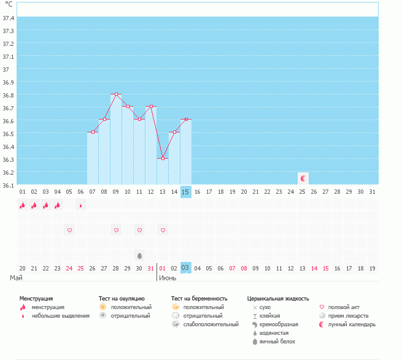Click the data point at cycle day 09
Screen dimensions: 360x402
pyautogui.click(x=116, y=94)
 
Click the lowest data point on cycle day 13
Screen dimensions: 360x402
pyautogui.click(x=163, y=158)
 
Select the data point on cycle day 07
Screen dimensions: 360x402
pyautogui.click(x=93, y=132)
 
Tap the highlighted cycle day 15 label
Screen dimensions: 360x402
pyautogui.click(x=186, y=192)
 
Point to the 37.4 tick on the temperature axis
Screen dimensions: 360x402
pyautogui.click(x=9, y=18)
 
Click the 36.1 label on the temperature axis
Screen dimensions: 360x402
pyautogui.click(x=9, y=185)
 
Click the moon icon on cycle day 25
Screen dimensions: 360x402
pyautogui.click(x=303, y=178)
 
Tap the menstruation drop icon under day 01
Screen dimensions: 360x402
pyautogui.click(x=22, y=205)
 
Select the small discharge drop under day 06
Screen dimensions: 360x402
pyautogui.click(x=81, y=206)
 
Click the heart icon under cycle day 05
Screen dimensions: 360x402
pyautogui.click(x=69, y=230)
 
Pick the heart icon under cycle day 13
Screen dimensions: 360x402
pyautogui.click(x=163, y=230)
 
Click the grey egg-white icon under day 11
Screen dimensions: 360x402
pyautogui.click(x=139, y=255)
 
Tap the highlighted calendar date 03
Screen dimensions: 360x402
pyautogui.click(x=186, y=268)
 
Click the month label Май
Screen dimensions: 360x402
pyautogui.click(x=16, y=278)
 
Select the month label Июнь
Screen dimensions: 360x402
pyautogui.click(x=168, y=278)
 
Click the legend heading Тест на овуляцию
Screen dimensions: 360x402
pyautogui.click(x=122, y=298)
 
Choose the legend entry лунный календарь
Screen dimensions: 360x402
pyautogui.click(x=352, y=324)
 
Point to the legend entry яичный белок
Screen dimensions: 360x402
pyautogui.click(x=280, y=342)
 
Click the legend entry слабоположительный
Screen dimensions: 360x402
pyautogui.click(x=211, y=324)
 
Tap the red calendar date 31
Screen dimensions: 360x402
pyautogui.click(x=151, y=268)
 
